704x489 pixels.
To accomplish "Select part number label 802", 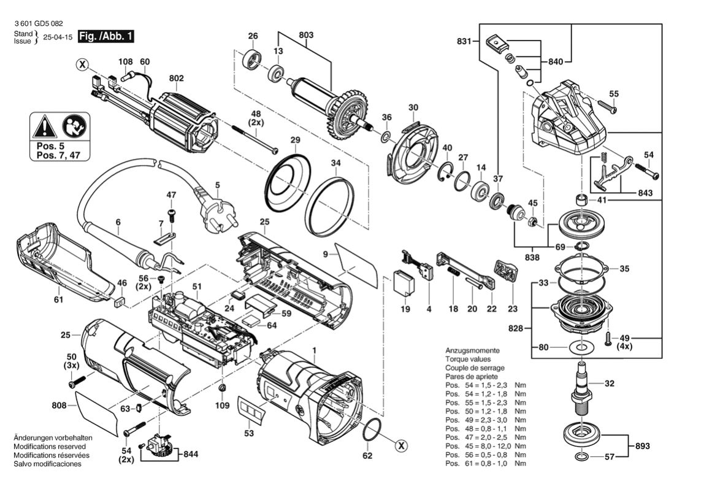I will tap(176, 79).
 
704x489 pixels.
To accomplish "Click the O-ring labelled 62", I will tap(370, 431).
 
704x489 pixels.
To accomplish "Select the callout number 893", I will tap(642, 446).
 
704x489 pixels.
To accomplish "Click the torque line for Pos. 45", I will tap(484, 437).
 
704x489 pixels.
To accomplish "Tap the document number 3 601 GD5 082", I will tap(38, 23).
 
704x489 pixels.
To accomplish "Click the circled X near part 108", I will tap(82, 64).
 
